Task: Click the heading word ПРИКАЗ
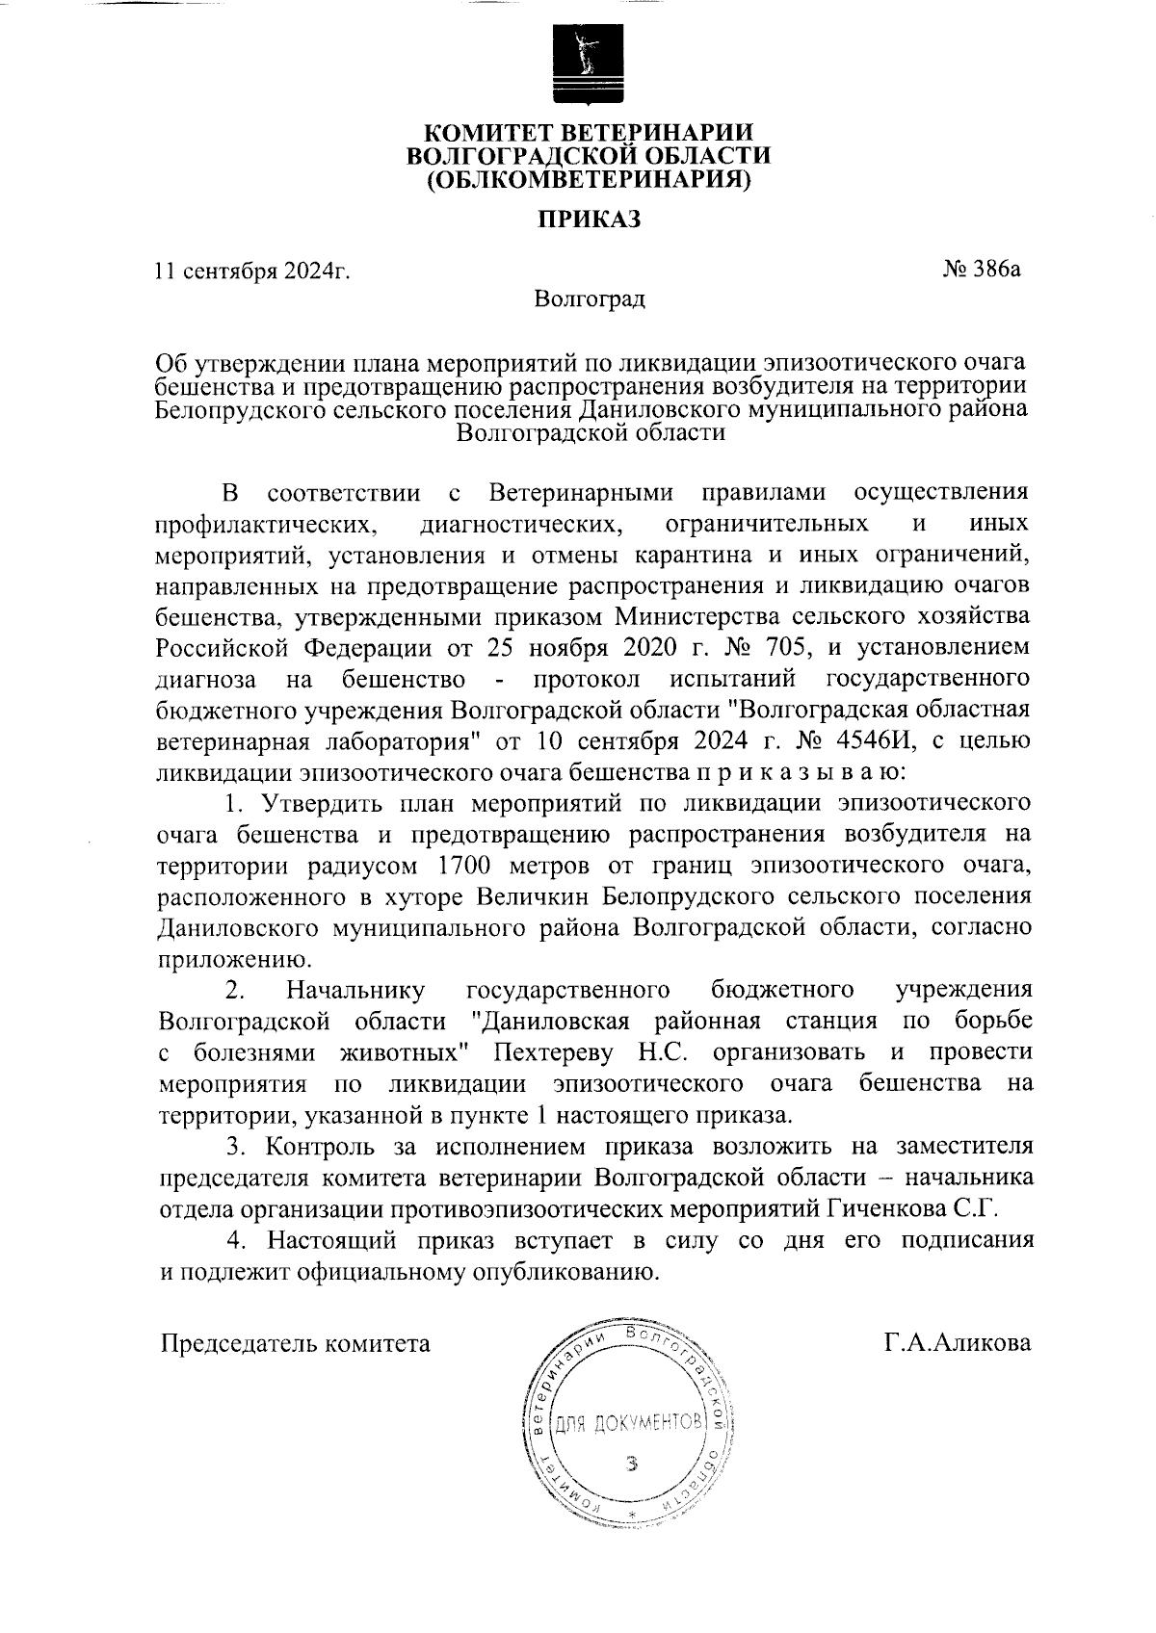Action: tap(589, 220)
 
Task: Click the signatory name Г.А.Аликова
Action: tap(958, 1342)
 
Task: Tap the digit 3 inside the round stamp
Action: tap(632, 1465)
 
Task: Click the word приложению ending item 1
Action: tap(232, 959)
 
